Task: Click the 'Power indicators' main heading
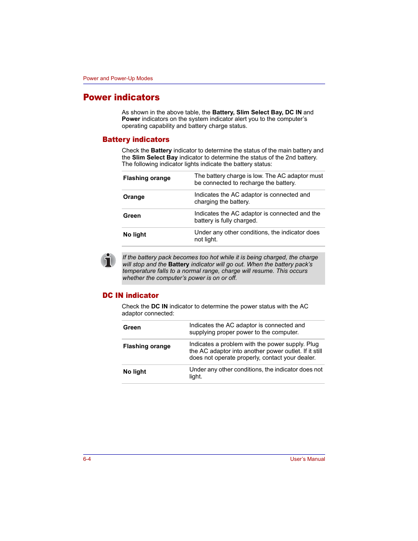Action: (121, 97)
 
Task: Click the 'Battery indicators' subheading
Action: (136, 139)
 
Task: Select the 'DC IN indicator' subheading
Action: (131, 295)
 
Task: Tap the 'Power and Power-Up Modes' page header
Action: (118, 78)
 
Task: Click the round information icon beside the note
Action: (108, 260)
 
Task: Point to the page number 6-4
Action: (87, 459)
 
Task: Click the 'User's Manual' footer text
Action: (307, 459)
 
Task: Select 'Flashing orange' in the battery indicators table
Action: (147, 178)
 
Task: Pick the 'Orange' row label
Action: (134, 197)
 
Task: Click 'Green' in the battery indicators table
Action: (132, 216)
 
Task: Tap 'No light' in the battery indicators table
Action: (135, 234)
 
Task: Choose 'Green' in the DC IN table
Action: (132, 327)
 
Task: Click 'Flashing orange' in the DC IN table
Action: (147, 346)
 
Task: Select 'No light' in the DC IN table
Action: (135, 371)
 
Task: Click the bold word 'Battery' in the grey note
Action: (179, 264)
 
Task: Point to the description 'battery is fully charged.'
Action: (226, 220)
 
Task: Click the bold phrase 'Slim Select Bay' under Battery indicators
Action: (155, 157)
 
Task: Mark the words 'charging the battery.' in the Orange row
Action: (222, 202)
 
